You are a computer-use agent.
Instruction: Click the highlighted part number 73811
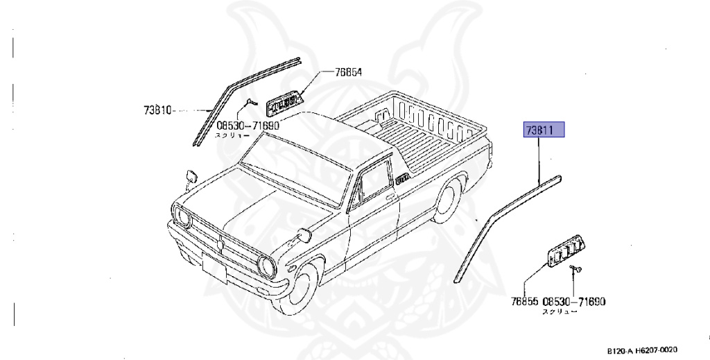545,130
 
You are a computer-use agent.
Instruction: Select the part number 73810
157,110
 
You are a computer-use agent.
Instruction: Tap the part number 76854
348,72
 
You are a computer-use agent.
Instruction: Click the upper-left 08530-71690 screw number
248,126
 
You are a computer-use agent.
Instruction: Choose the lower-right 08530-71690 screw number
574,302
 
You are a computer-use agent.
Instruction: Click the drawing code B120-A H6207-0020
642,351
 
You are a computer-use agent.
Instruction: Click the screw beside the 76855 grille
575,268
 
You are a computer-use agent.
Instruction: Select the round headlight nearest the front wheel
266,265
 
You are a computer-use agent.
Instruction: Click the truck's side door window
371,177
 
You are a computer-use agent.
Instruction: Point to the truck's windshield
291,164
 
